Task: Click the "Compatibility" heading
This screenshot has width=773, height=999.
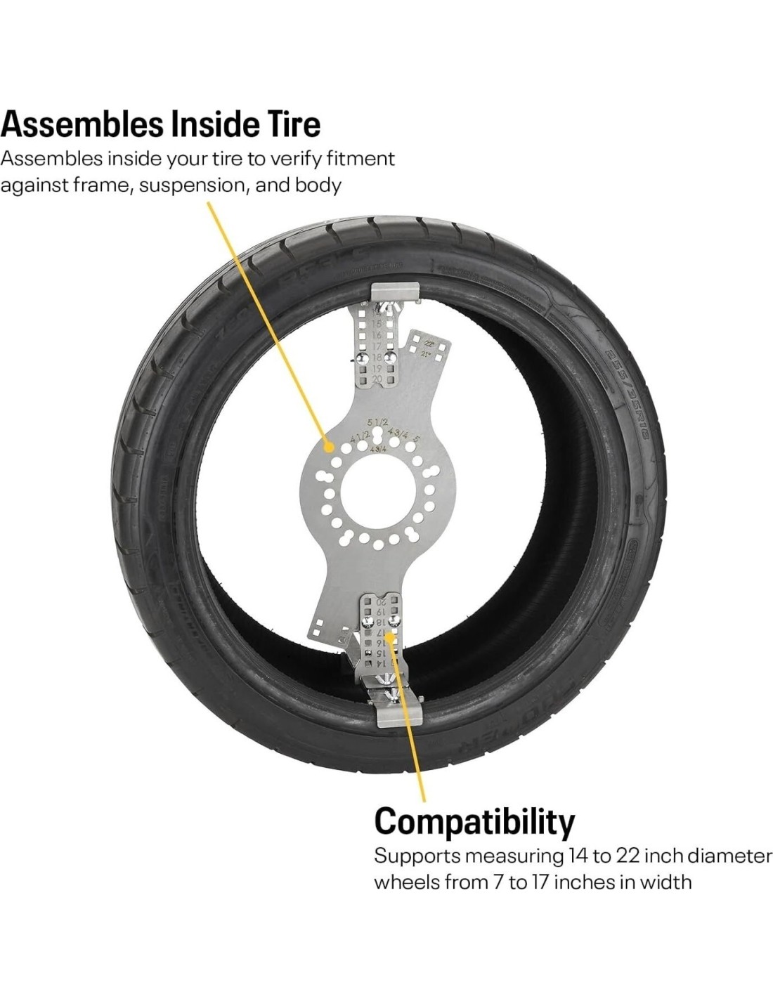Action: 474,820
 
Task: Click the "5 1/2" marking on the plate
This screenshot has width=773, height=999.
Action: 378,422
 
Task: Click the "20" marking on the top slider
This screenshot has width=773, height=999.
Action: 377,379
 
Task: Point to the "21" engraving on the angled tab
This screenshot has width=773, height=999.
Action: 426,354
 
